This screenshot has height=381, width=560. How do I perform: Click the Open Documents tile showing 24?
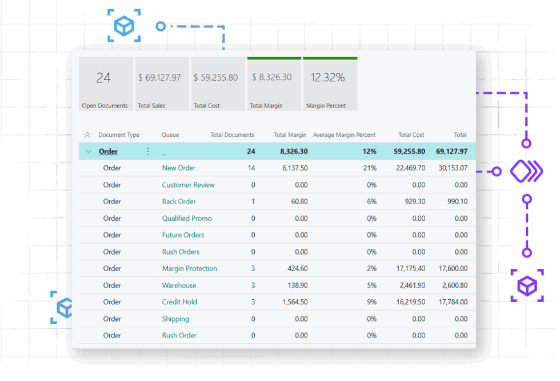(106, 84)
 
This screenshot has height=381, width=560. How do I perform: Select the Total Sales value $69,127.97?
(159, 77)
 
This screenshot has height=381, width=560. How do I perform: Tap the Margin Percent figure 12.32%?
(327, 77)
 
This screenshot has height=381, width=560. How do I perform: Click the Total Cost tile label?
(207, 105)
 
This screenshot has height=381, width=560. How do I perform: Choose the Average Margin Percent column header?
(344, 135)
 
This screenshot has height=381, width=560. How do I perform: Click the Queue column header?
(170, 135)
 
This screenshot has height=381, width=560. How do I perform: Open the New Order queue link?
(178, 168)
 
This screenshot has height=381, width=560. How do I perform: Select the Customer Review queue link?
(188, 185)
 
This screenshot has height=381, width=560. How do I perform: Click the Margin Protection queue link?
(190, 268)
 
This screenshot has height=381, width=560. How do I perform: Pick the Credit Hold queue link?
(179, 302)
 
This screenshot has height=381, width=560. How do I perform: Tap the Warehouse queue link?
(179, 285)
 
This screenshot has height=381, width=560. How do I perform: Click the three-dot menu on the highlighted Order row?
(148, 151)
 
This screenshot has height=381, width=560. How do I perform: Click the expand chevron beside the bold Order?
(88, 151)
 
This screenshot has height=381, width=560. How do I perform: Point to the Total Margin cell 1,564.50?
(295, 302)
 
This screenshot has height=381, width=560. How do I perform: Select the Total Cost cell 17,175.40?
(411, 268)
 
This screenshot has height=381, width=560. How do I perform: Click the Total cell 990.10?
(458, 201)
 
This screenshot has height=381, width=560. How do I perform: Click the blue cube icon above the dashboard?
(124, 26)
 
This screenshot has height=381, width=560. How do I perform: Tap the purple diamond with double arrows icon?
(526, 171)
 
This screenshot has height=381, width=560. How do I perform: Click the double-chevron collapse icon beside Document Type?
(87, 135)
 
